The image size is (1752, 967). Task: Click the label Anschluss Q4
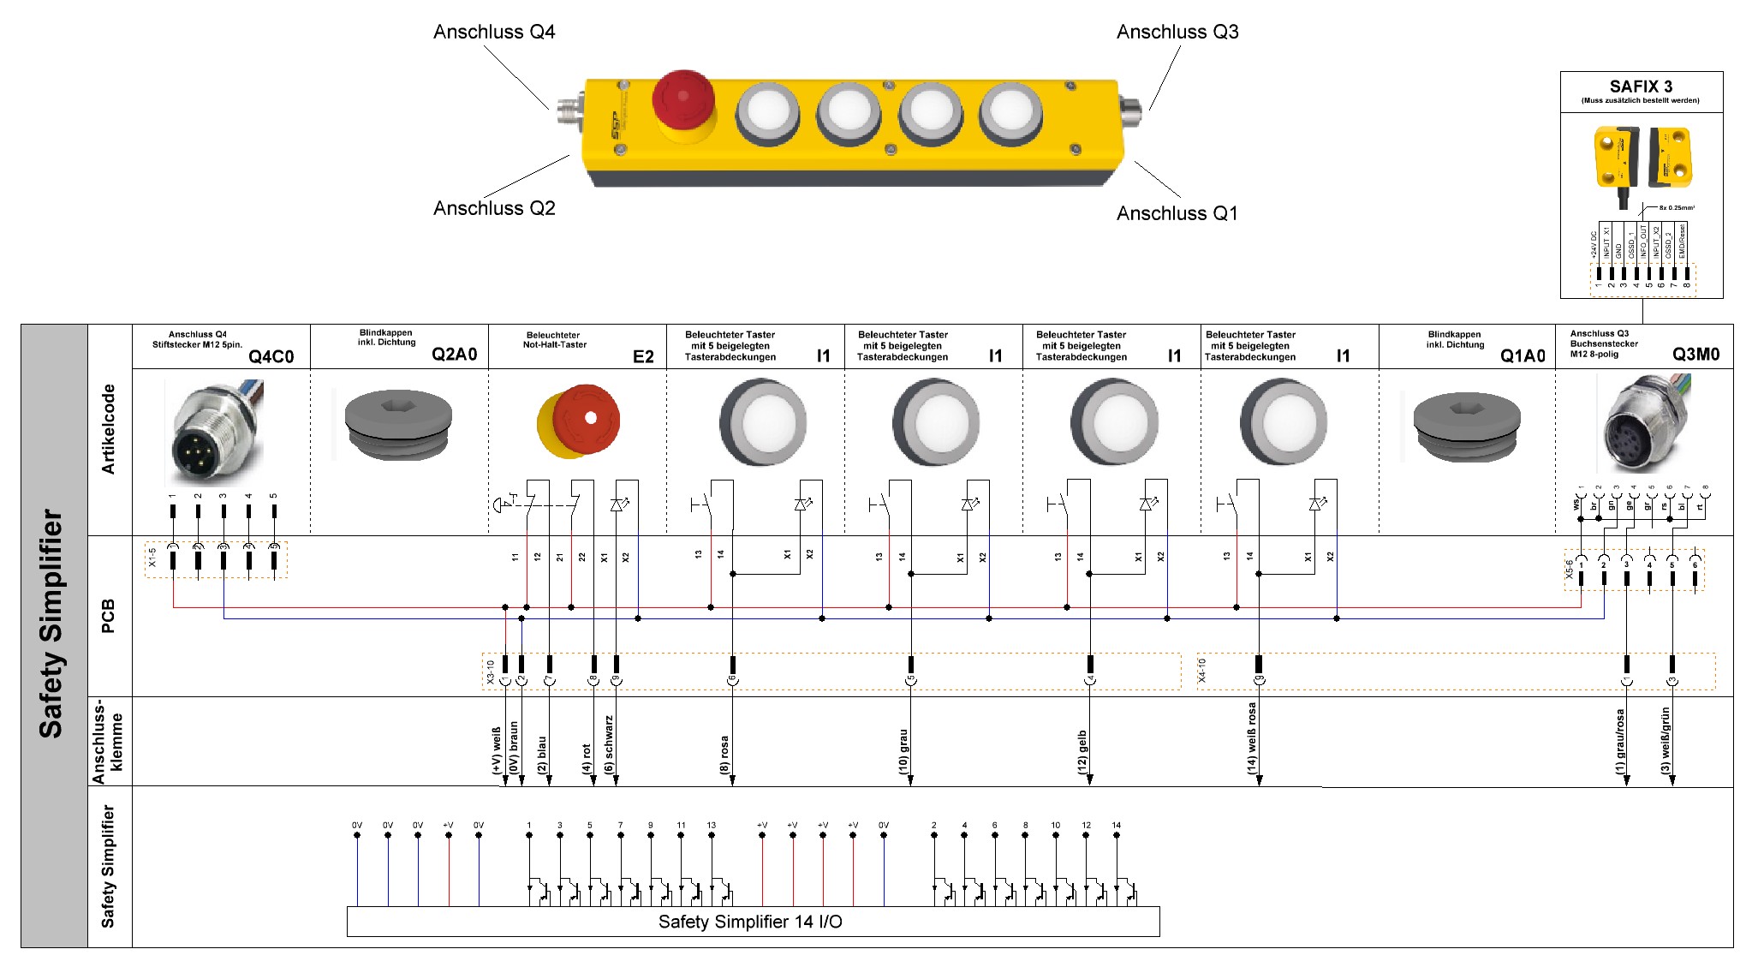(x=494, y=33)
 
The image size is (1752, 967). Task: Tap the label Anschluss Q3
(x=1177, y=33)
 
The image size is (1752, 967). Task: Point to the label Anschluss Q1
(x=1177, y=213)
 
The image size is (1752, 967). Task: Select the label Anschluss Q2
(x=494, y=208)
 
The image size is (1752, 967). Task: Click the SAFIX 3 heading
(x=1641, y=87)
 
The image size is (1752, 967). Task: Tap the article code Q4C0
(x=271, y=356)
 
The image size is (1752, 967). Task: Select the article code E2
(x=643, y=356)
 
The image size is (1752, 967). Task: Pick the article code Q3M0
(x=1695, y=355)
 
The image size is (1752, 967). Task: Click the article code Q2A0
(x=454, y=355)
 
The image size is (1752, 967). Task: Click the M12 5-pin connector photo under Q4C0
(x=214, y=433)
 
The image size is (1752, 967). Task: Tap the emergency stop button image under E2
(x=579, y=422)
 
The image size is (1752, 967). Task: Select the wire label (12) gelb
(x=1082, y=752)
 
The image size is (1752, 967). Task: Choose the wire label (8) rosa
(x=724, y=754)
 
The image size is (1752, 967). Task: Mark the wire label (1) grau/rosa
(x=1619, y=742)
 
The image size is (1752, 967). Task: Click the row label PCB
(x=108, y=616)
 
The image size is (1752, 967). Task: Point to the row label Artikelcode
(x=108, y=428)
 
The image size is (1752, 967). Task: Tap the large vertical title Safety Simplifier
(x=51, y=624)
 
